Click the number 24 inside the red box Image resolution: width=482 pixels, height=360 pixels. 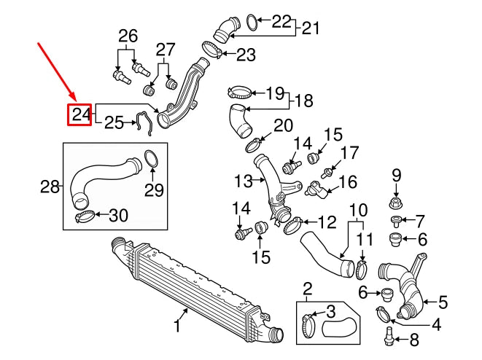coord(79,114)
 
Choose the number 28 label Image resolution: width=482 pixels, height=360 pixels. coord(50,187)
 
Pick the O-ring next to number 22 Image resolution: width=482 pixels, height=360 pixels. coord(249,23)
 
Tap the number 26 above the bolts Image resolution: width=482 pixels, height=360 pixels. coord(128,35)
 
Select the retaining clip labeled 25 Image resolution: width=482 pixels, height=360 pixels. coord(144,122)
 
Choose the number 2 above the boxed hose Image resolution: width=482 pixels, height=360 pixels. coord(307,288)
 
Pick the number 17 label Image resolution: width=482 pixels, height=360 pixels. coord(350,153)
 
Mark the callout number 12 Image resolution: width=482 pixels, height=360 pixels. coord(327,221)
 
